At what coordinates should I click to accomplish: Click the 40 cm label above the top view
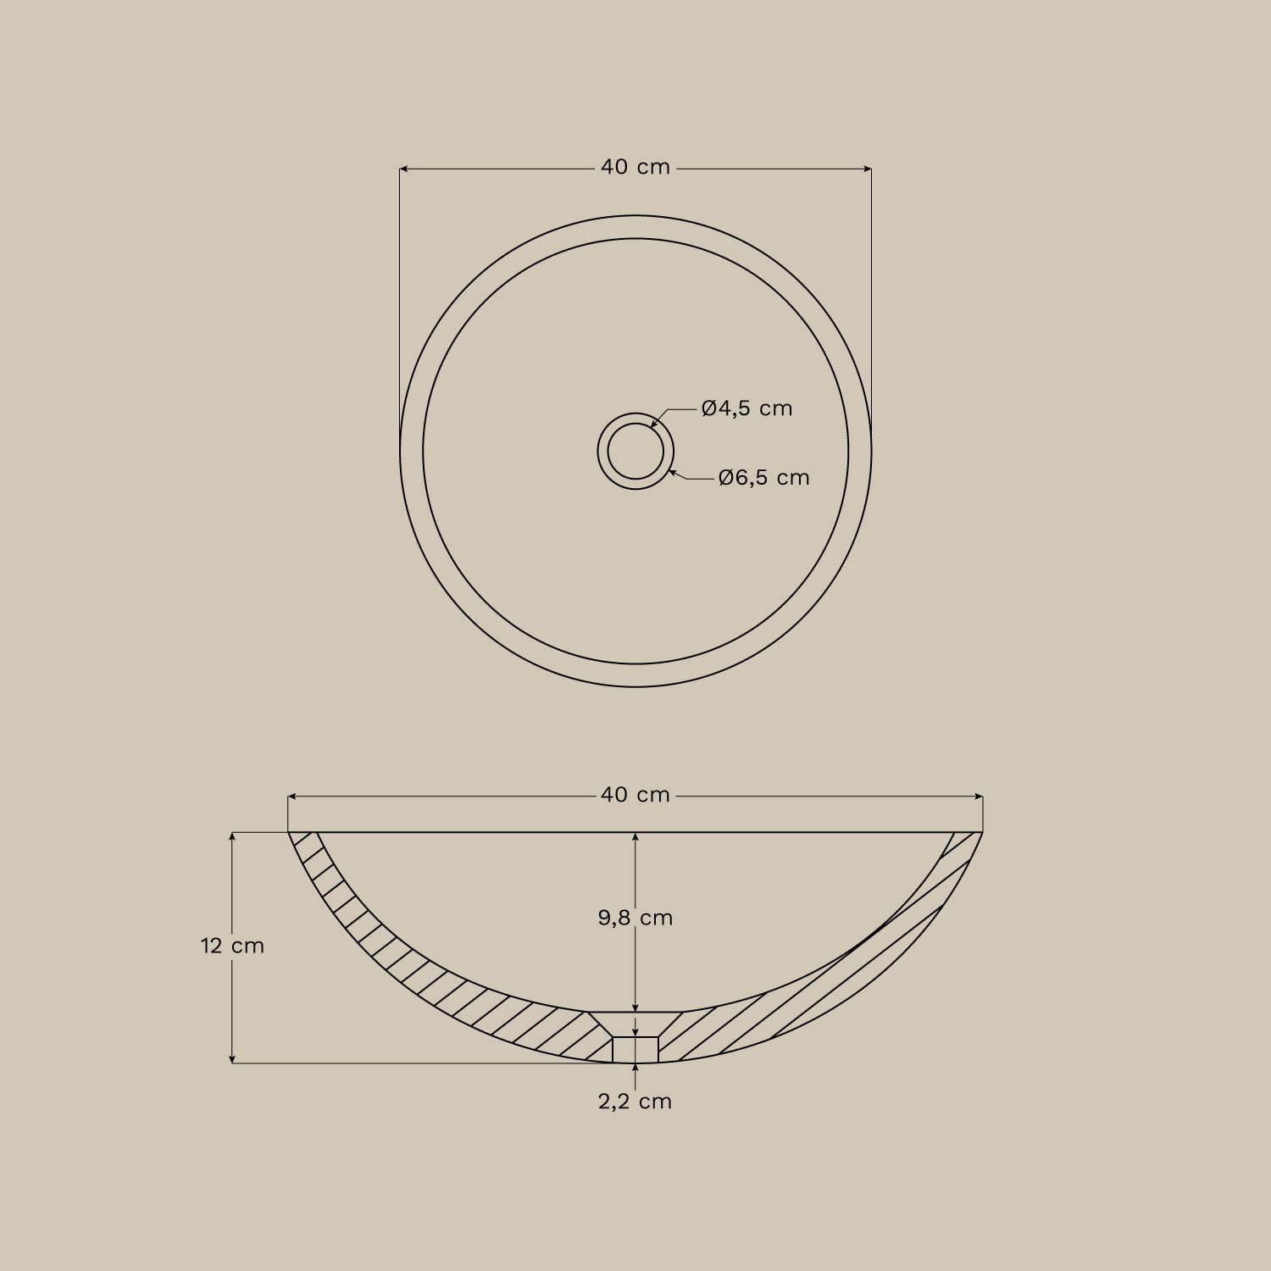(635, 168)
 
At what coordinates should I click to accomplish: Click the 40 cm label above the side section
(635, 795)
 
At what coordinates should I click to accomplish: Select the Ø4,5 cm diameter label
(747, 408)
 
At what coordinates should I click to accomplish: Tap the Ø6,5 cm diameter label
(763, 478)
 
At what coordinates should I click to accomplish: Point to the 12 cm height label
(232, 946)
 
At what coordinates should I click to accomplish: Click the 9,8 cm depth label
(635, 918)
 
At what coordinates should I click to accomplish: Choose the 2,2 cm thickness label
(635, 1102)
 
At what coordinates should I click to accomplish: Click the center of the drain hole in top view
(635, 451)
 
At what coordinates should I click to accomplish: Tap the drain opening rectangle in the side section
(635, 1049)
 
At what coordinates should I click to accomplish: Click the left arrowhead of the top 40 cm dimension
(404, 169)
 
